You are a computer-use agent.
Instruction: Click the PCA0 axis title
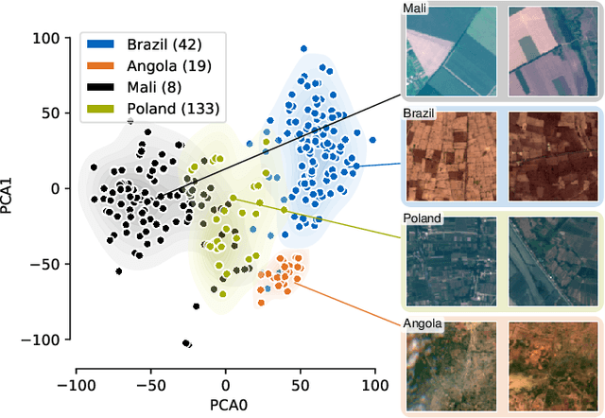pyautogui.click(x=225, y=405)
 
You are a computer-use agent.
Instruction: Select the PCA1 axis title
pyautogui.click(x=11, y=188)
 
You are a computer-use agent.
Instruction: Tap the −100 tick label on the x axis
pyautogui.click(x=75, y=386)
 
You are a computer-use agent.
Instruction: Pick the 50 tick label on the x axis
pyautogui.click(x=301, y=386)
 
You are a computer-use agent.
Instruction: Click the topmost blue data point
pyautogui.click(x=303, y=47)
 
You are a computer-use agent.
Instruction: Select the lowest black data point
pyautogui.click(x=186, y=343)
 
